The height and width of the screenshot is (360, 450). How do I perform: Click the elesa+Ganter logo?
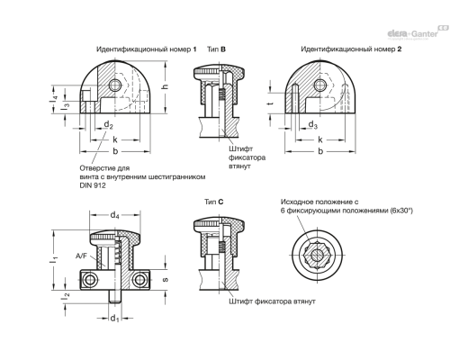(418, 32)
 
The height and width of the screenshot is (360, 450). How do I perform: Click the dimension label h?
(164, 86)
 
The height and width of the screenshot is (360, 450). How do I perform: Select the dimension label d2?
(108, 125)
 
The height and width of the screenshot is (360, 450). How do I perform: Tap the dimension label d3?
(313, 125)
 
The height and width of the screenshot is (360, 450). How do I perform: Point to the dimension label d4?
(115, 215)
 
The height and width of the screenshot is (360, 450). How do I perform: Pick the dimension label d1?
(114, 319)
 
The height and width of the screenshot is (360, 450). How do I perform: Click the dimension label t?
(271, 103)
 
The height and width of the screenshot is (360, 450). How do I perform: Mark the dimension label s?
(165, 280)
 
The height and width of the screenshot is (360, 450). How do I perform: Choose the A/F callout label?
(81, 256)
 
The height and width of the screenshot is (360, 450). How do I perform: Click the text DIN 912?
(93, 185)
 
